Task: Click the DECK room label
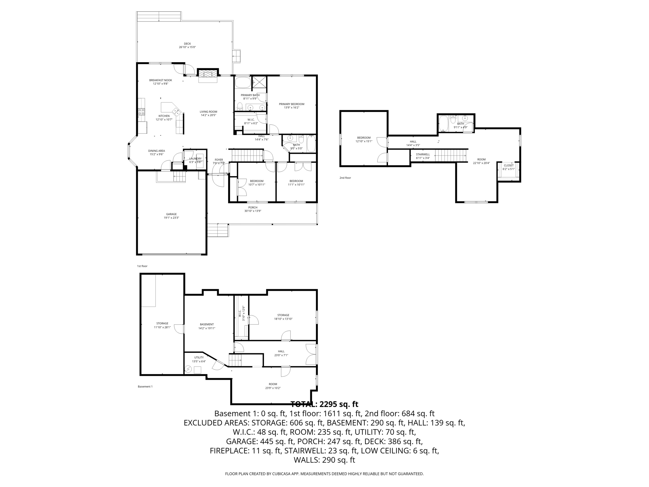(187, 45)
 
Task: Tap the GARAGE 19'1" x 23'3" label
(171, 216)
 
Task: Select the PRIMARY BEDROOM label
(292, 106)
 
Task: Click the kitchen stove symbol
(141, 112)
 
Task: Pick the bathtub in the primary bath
(243, 82)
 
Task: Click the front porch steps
(218, 230)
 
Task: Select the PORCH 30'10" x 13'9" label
(253, 209)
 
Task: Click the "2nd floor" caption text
(345, 178)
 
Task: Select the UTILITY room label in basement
(199, 359)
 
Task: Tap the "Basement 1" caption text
(145, 386)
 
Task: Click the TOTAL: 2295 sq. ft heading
(324, 404)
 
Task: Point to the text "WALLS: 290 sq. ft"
(324, 460)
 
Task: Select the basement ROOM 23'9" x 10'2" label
(273, 386)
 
